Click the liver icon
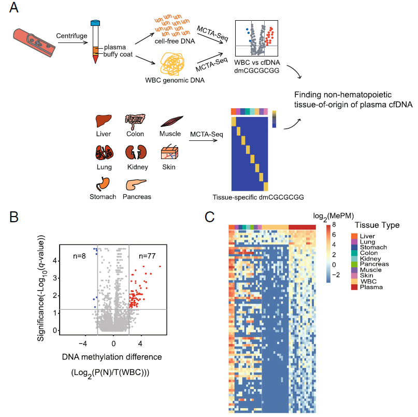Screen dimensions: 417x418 point(103,121)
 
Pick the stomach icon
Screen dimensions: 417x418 point(102,184)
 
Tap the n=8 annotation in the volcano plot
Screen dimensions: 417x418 point(78,255)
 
